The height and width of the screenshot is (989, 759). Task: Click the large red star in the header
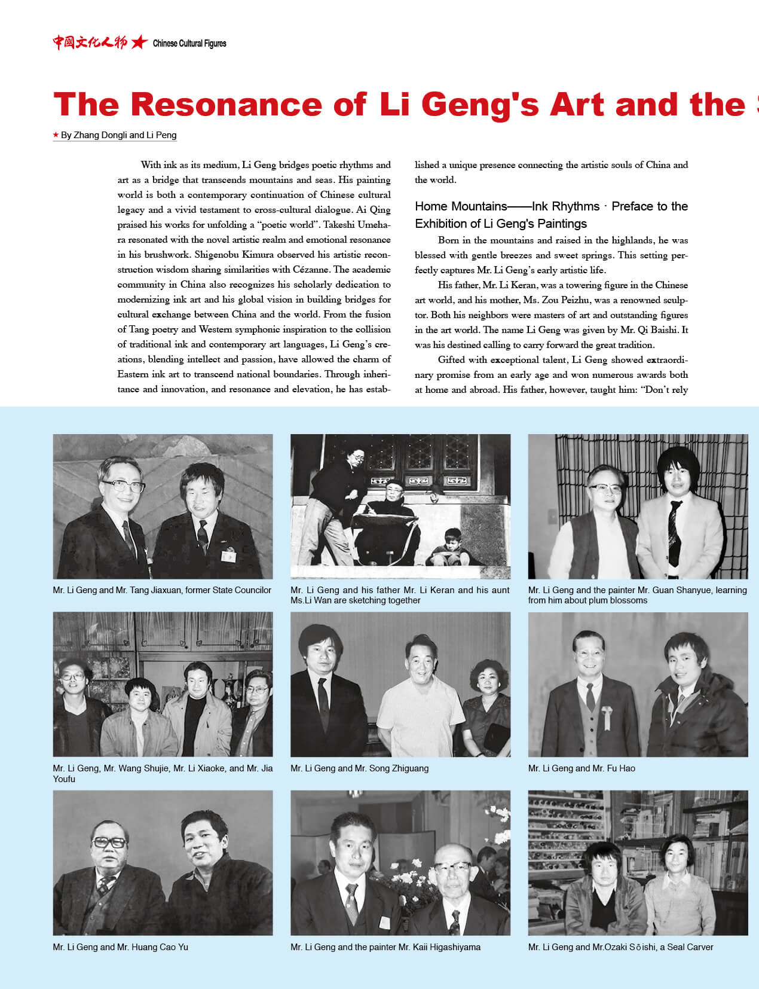139,42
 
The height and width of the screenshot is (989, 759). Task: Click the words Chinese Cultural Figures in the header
189,43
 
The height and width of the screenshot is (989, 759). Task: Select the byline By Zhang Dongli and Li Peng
118,135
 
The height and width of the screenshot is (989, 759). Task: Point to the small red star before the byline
56,135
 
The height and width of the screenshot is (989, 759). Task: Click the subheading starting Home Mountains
551,215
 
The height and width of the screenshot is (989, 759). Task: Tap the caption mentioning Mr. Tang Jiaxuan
162,590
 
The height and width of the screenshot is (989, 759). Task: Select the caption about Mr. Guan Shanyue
637,595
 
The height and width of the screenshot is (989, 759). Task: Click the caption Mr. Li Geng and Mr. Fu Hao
582,768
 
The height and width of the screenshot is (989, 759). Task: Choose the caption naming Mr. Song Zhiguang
359,768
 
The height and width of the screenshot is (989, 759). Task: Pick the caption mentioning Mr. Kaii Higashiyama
385,947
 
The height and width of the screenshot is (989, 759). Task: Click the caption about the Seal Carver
620,947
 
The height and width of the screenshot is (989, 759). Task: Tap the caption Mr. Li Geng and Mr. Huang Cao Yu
120,947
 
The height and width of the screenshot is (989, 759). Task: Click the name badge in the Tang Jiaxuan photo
228,556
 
